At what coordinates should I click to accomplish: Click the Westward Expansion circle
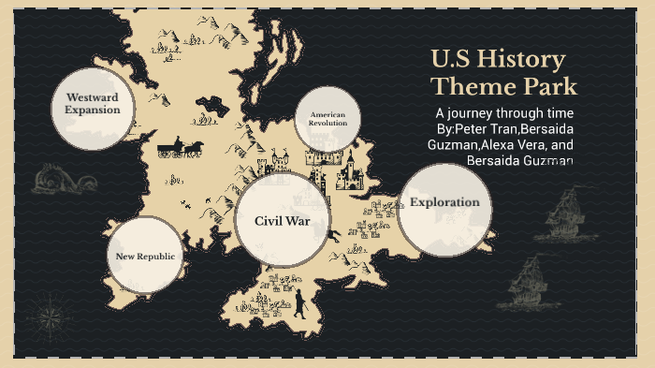(x=92, y=104)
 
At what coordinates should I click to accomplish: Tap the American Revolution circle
(x=327, y=119)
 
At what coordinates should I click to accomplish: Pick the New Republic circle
(x=145, y=256)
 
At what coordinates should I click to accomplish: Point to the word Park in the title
(x=551, y=87)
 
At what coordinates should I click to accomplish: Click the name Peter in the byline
(x=471, y=128)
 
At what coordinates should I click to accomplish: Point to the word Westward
(x=92, y=97)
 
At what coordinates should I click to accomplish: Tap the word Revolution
(x=327, y=123)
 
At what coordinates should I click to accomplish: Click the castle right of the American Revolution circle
(x=350, y=169)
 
